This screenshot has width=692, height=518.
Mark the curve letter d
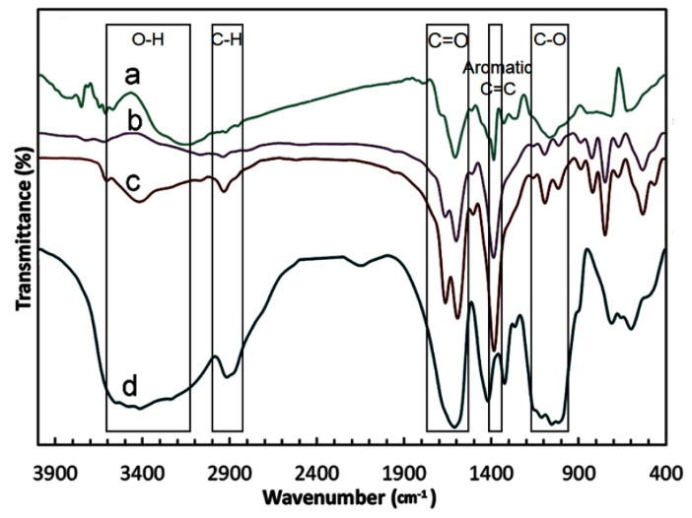click(129, 387)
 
